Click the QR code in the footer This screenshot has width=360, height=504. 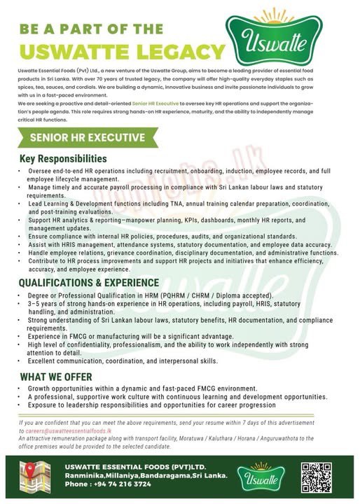316,477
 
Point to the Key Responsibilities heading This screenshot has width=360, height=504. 63,159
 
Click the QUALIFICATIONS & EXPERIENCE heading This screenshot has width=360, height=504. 89,283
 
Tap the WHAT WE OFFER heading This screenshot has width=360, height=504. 55,376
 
